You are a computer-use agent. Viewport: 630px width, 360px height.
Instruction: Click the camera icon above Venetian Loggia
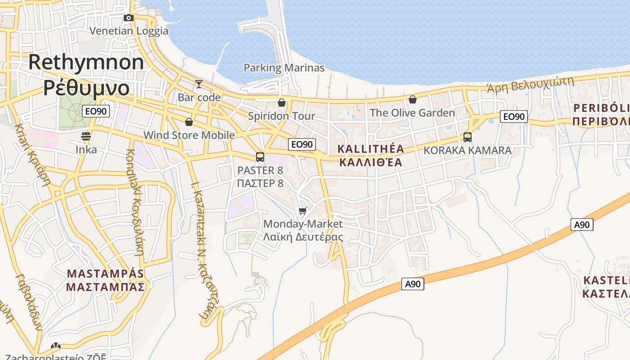tap(129, 18)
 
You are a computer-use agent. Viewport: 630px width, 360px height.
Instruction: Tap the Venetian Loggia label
tap(129, 31)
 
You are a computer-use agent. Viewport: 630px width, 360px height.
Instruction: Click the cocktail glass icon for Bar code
tap(198, 84)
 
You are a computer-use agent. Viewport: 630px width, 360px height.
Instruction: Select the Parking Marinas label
tap(284, 68)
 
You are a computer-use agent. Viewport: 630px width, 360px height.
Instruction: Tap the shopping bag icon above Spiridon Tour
tap(282, 103)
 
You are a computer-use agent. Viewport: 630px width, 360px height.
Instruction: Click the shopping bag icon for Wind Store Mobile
tap(189, 122)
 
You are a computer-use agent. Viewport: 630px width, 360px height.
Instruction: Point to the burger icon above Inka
tap(86, 136)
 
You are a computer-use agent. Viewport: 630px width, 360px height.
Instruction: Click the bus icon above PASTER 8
tap(260, 157)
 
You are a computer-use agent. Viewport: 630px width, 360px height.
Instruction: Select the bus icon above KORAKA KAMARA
tap(468, 137)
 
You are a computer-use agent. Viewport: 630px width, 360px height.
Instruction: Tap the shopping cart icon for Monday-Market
tap(303, 211)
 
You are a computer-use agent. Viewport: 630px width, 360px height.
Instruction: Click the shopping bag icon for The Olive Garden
tap(412, 99)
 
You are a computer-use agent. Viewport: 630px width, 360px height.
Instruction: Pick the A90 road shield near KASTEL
tap(582, 225)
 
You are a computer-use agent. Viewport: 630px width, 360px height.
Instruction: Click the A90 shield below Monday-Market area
tap(413, 284)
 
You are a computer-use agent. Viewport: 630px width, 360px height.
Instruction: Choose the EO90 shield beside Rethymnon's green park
tap(96, 111)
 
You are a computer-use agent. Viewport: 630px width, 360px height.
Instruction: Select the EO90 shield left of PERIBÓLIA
tap(513, 117)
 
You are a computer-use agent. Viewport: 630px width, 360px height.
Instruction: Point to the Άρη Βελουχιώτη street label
tap(531, 84)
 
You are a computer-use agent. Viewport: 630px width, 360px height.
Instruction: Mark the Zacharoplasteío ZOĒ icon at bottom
tap(55, 346)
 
